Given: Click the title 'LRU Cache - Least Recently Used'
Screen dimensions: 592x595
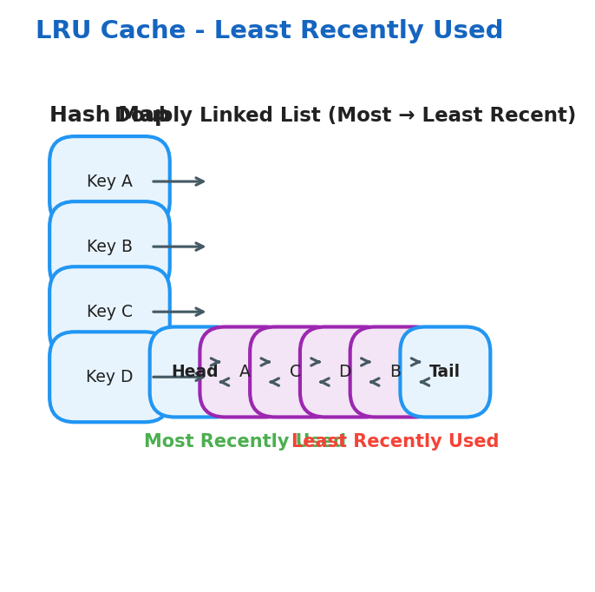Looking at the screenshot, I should [x=269, y=31].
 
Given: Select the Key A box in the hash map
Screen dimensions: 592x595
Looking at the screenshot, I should [x=109, y=181].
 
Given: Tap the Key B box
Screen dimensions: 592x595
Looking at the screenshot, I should [x=109, y=247].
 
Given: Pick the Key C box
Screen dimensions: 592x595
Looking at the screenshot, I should [x=109, y=312].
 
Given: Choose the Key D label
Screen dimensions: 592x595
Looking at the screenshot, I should [x=109, y=377].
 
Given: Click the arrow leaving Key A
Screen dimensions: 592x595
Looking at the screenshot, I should [x=179, y=181].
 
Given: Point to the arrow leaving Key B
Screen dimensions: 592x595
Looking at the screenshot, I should [x=179, y=247].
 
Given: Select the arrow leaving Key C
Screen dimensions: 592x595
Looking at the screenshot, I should [x=179, y=312].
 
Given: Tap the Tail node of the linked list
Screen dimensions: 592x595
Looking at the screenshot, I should [x=445, y=372].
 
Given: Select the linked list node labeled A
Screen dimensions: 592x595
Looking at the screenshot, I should [x=244, y=372].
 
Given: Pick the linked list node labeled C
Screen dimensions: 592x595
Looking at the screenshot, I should [x=295, y=372].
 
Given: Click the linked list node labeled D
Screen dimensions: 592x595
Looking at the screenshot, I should [x=344, y=372].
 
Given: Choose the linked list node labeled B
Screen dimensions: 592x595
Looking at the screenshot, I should [x=395, y=372].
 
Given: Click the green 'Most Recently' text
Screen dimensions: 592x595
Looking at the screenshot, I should [x=217, y=442].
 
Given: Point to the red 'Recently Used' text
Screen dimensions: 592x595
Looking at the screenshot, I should [x=425, y=442].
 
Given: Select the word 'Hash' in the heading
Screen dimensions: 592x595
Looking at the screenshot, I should [x=78, y=115].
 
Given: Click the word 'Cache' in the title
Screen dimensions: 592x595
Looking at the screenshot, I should [x=143, y=31].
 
